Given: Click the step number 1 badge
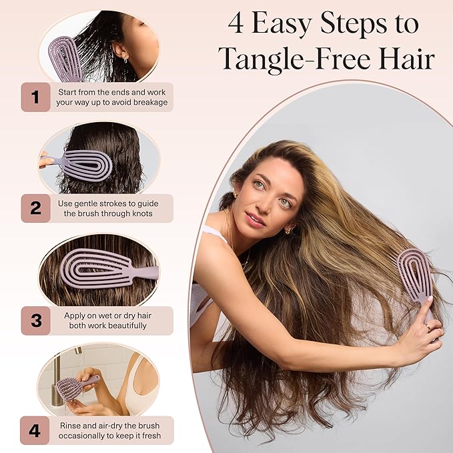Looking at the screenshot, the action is click(x=36, y=97).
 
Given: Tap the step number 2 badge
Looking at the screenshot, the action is click(x=36, y=208).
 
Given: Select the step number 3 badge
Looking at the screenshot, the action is click(x=36, y=321).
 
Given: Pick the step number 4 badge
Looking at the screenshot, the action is click(x=35, y=430).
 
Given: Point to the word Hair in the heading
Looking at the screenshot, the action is click(x=407, y=58).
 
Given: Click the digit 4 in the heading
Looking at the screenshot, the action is click(x=236, y=24).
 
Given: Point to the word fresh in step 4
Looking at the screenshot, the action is click(x=151, y=436).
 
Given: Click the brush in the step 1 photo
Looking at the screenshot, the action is click(x=65, y=59).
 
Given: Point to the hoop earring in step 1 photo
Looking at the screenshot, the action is click(x=125, y=61).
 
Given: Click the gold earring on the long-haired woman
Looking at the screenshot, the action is click(x=290, y=230).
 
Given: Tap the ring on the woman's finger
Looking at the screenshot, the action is click(x=428, y=328).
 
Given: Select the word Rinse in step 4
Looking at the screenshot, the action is click(x=70, y=426).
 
